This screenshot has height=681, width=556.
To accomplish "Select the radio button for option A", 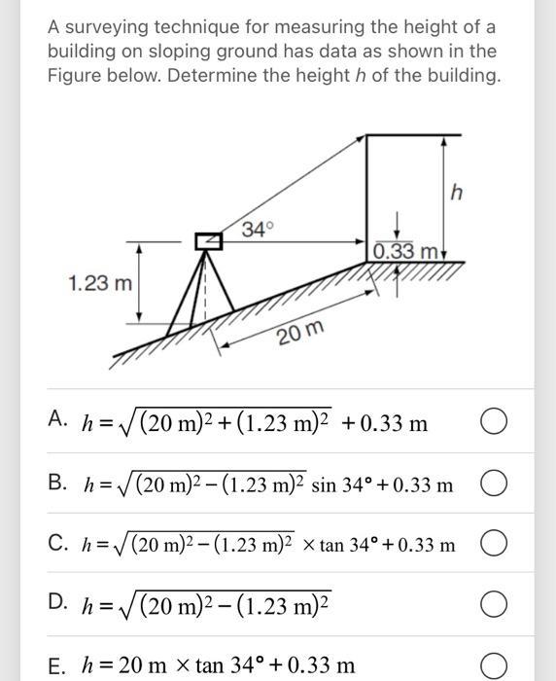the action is (493, 423).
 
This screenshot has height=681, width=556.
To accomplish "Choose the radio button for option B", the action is (493, 484).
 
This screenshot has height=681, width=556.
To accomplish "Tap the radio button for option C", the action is (493, 544).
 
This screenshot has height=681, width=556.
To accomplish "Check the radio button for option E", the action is (493, 665).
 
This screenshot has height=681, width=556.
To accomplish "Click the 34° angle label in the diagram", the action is (258, 230).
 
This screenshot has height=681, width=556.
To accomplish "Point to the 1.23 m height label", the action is (100, 284).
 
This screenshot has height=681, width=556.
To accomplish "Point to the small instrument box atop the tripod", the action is (204, 241).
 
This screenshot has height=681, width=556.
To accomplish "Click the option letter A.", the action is (56, 419).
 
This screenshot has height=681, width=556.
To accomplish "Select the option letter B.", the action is (57, 481).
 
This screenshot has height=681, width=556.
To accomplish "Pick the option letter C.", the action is (57, 541).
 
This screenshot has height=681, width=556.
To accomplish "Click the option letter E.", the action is (55, 664).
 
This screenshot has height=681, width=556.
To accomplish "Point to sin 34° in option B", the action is (347, 484).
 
